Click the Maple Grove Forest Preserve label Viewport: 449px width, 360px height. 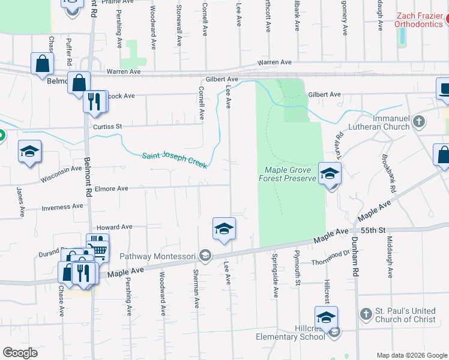coord(287,174)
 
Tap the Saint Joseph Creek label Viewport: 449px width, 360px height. coord(174,160)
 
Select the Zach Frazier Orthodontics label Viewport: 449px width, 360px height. coord(418,20)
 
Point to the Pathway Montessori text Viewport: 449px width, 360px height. coord(158,257)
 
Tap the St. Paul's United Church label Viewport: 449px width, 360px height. coord(406,315)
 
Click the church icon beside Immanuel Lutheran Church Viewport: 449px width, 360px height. coord(419,122)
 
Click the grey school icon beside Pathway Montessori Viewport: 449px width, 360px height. coord(205,256)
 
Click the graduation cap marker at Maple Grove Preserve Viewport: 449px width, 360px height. coord(329,174)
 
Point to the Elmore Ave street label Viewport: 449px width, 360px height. coord(111,188)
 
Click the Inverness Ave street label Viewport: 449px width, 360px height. coord(62,207)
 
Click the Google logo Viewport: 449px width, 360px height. coord(20,353)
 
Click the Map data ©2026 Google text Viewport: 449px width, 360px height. coord(411,355)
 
